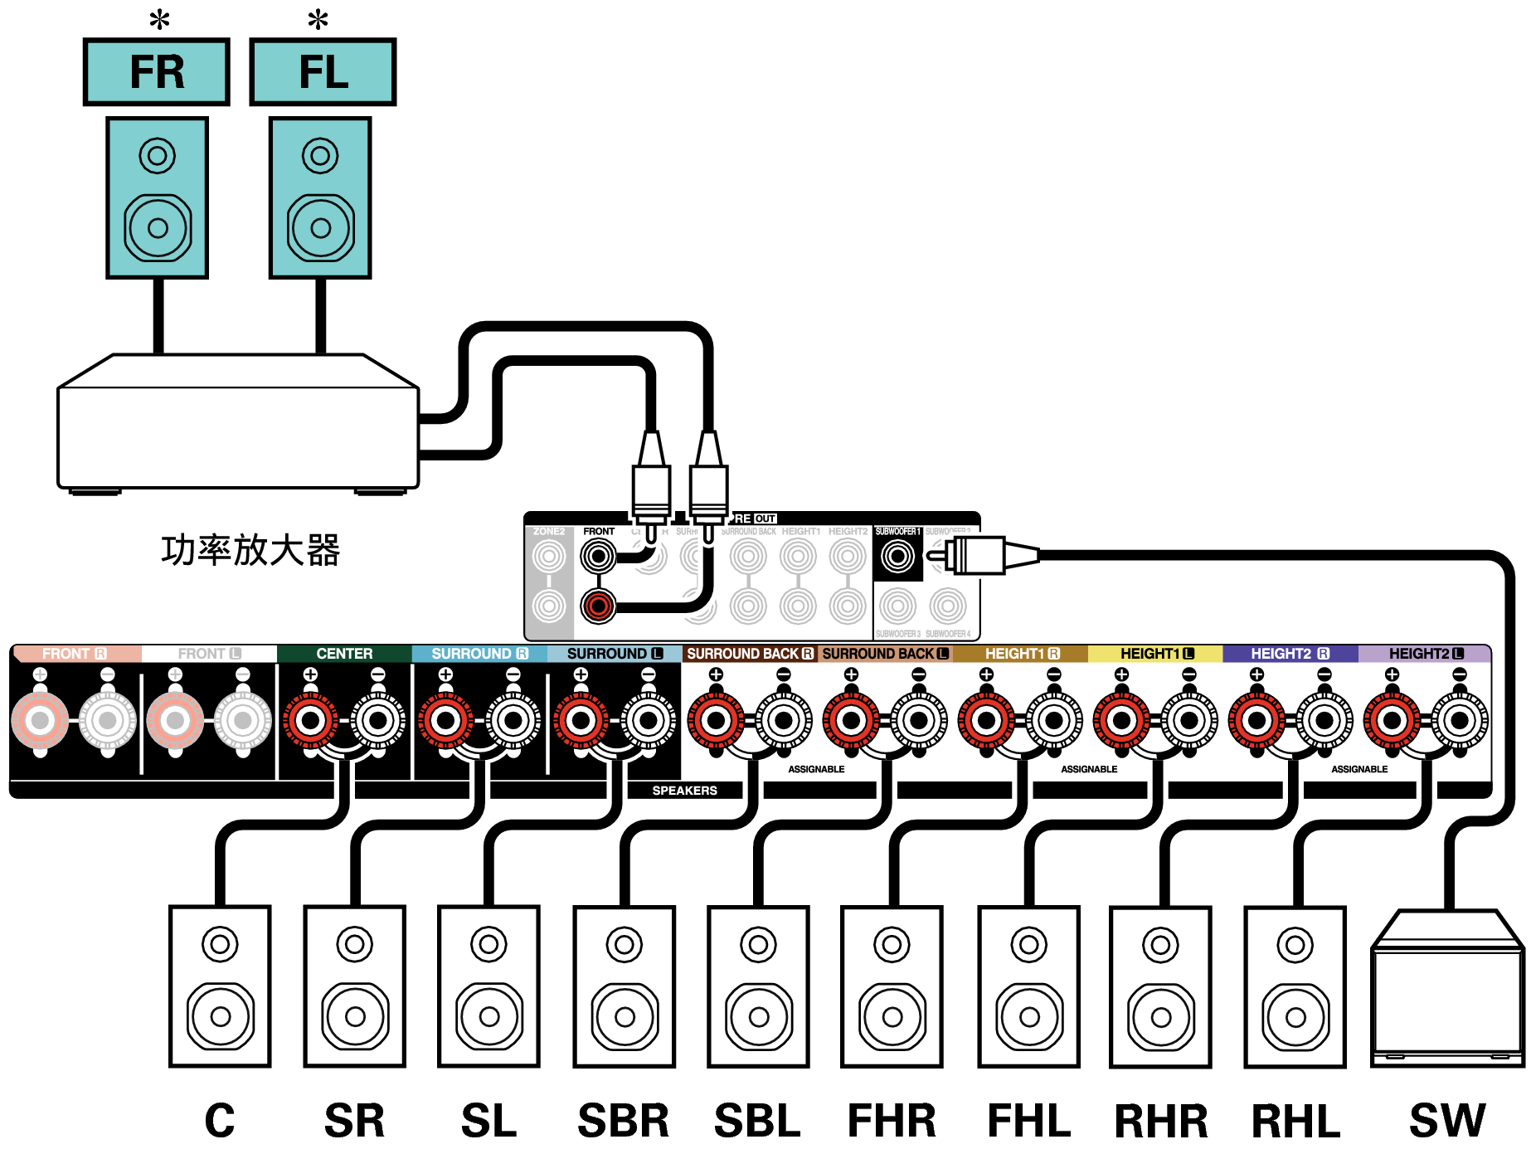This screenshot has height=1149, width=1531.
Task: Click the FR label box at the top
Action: pos(157,72)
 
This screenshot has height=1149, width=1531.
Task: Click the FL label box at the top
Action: pos(323,72)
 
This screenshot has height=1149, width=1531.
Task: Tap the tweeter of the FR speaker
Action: pos(157,155)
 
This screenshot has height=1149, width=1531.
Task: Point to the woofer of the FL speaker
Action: pos(320,227)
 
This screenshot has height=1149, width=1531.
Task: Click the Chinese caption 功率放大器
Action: pos(250,551)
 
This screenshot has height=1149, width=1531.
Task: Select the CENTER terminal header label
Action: pos(344,654)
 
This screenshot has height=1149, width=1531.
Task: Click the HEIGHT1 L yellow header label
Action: pos(1156,654)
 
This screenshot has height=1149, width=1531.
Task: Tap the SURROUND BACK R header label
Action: pos(750,654)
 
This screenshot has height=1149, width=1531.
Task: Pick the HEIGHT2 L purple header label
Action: pos(1426,654)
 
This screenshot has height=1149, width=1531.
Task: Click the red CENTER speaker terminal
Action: pos(310,720)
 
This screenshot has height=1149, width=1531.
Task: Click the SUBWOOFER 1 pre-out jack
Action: pos(897,556)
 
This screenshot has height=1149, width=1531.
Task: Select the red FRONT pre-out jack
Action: pos(598,606)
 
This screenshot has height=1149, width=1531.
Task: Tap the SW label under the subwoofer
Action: pos(1447,1121)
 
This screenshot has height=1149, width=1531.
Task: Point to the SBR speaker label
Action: pos(624,1121)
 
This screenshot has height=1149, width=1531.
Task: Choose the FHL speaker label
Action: pos(1028,1121)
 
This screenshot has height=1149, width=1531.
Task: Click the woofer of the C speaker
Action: pos(221,1016)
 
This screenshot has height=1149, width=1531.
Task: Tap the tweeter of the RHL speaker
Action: pos(1295,944)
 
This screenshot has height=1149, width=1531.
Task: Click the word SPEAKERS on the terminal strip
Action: pos(684,791)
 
